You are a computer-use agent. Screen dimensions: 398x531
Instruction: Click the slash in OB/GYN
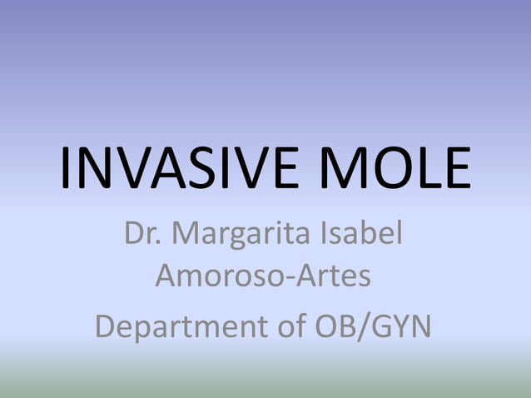tap(360, 326)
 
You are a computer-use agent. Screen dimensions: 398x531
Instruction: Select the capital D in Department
tap(107, 325)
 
